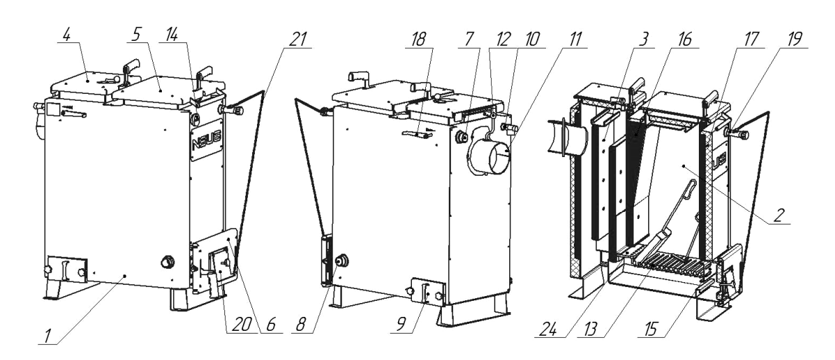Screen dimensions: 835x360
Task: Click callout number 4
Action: coord(67,35)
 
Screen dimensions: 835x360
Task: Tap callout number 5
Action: coord(136,35)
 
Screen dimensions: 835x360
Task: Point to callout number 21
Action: coord(298,40)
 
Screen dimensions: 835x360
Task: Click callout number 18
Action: coord(418,40)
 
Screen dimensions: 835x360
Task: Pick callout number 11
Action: coord(576,40)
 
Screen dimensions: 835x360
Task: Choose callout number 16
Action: coord(684,40)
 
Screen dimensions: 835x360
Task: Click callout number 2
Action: coord(778,215)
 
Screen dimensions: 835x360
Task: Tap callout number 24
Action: coord(548,330)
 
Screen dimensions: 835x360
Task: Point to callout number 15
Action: coord(650,330)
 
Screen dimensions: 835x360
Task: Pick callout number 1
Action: coord(47,337)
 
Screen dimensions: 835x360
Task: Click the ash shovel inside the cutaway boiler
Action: coord(670,216)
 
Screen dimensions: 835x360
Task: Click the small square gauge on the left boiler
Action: coord(53,109)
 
